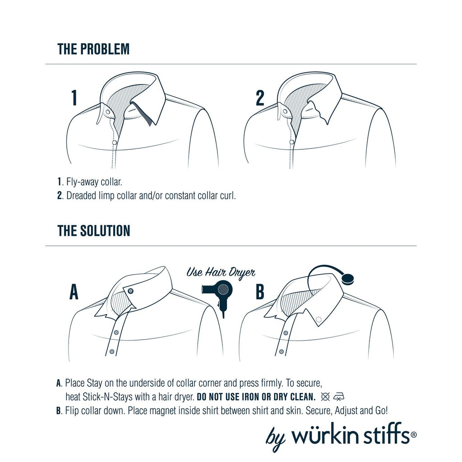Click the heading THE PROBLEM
[93, 49]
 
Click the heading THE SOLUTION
[94, 231]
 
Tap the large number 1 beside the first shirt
[74, 98]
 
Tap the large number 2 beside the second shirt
[260, 98]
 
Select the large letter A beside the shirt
[74, 292]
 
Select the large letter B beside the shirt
[260, 292]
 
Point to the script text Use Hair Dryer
[221, 272]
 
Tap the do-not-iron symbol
[339, 397]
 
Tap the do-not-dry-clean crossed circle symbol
[325, 397]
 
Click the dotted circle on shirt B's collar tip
[319, 320]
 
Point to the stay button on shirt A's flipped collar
[131, 290]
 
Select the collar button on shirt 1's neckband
[107, 111]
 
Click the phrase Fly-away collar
[94, 182]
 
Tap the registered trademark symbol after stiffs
[413, 434]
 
